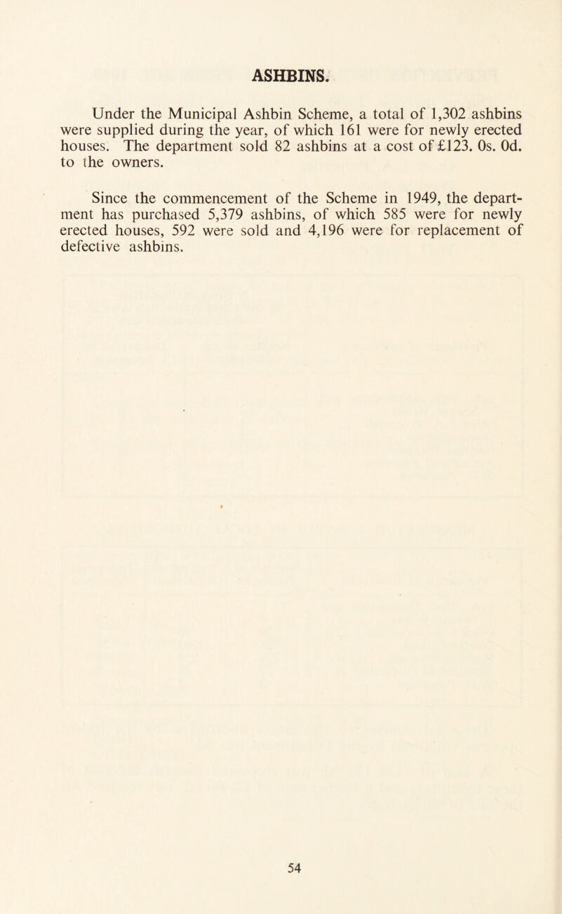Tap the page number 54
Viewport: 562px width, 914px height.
tap(281, 869)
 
